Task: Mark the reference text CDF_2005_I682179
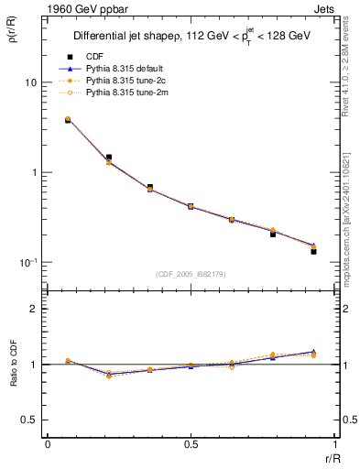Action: coord(191,274)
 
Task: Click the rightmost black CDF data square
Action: coord(313,250)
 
